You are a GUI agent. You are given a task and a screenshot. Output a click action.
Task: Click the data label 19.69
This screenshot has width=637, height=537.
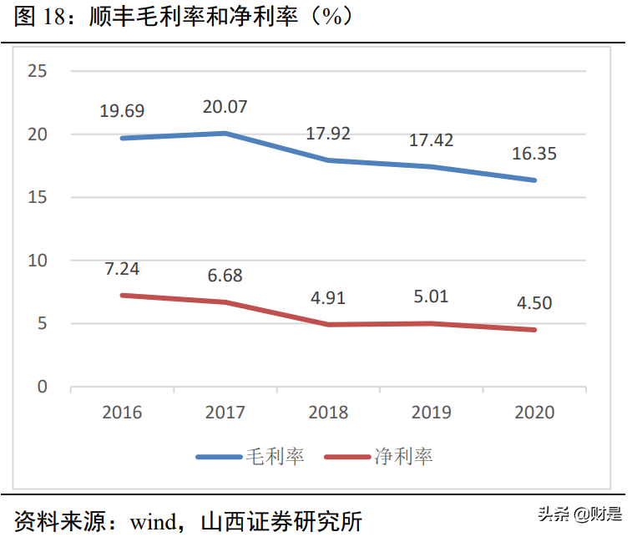122,111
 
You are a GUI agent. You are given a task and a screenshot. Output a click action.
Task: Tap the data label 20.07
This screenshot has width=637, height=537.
225,107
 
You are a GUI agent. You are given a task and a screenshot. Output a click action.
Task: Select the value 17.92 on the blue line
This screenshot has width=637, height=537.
328,134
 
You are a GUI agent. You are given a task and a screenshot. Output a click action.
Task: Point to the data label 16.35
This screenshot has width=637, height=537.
534,154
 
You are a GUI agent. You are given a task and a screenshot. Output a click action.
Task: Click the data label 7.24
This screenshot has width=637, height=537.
122,269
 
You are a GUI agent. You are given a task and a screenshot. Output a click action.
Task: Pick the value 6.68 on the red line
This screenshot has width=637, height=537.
225,276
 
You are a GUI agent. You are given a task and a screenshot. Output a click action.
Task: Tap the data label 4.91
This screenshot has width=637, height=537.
328,298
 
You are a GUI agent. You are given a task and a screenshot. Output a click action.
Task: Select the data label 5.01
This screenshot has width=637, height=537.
431,296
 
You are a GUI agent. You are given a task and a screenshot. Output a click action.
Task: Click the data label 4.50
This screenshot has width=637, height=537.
534,302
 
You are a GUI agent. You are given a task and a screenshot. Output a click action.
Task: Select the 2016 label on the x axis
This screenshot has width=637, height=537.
122,413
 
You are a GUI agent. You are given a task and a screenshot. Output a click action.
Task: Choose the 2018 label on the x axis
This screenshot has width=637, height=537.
328,413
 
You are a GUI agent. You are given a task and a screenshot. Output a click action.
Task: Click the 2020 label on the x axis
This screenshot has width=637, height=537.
534,413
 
